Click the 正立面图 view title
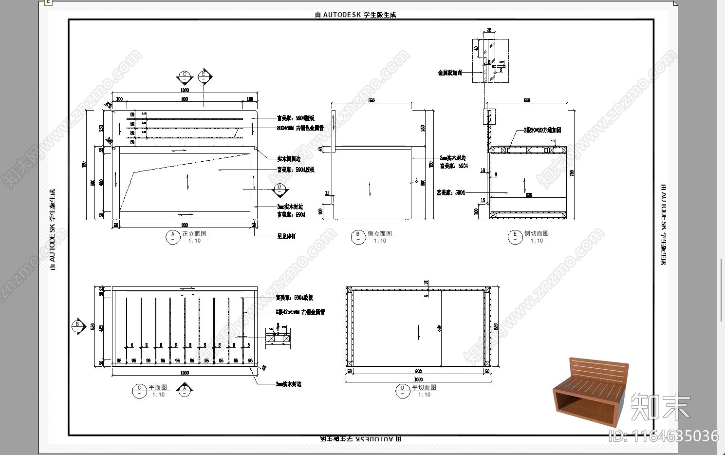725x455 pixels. [194, 234]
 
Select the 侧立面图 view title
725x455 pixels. [380, 234]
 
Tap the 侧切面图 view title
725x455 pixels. [536, 233]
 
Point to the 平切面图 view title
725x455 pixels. [424, 387]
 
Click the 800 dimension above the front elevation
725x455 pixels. [185, 99]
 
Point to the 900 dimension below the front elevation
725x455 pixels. [185, 225]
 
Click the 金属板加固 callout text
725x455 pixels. [449, 73]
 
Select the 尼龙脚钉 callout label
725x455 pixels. [286, 236]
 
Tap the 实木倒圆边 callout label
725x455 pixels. [289, 159]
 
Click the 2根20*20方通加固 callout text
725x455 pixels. [542, 130]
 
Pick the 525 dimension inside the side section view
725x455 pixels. [528, 195]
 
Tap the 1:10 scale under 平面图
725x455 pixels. [159, 395]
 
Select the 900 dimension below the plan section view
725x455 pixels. [418, 371]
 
